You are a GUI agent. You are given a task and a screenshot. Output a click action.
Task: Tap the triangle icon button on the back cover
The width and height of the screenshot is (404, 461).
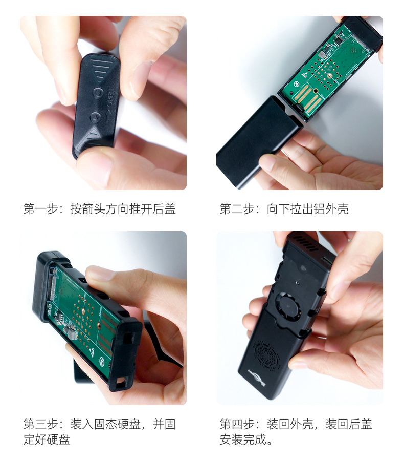click(x=95, y=118)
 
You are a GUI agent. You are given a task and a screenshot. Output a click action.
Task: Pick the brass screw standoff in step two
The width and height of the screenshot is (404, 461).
click(x=330, y=76)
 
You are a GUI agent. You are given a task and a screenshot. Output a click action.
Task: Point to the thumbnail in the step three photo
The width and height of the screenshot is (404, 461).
click(x=100, y=274)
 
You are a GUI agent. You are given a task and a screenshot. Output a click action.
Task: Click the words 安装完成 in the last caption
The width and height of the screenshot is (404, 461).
click(x=243, y=439)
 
